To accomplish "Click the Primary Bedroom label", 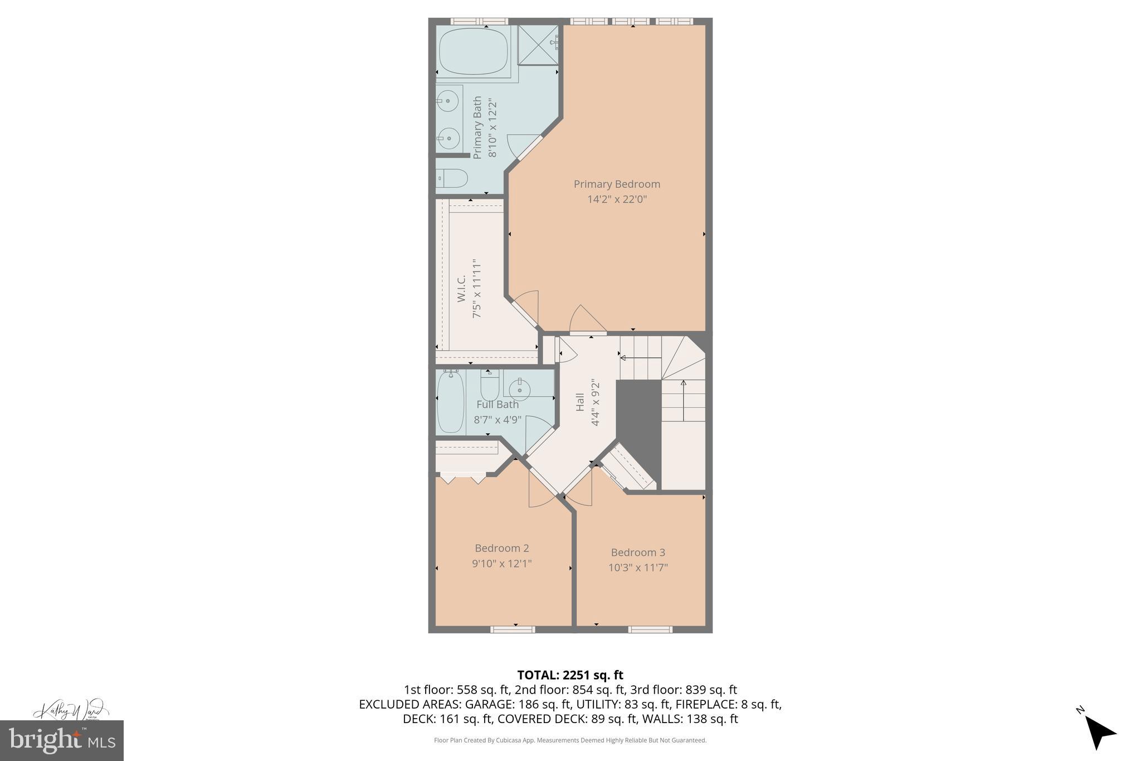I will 617,184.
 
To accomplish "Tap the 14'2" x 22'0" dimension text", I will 617,199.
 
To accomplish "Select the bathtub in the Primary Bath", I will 473,51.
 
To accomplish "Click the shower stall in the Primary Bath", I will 538,46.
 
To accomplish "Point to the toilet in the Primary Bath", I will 452,179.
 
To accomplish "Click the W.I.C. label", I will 461,289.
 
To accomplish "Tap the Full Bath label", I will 498,404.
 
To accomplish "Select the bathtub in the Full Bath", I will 451,403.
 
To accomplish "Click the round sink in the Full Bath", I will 519,389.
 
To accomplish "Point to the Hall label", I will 580,403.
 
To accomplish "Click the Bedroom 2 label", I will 501,548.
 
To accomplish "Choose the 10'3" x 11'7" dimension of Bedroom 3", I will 638,568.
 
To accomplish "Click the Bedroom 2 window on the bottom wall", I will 513,629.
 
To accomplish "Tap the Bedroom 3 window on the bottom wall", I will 650,629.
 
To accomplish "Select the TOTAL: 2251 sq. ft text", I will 570,675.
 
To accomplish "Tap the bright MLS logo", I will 61,740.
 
